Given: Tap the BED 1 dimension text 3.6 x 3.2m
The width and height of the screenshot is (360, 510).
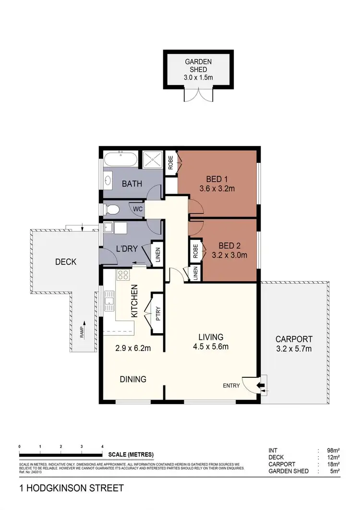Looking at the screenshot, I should (217, 188).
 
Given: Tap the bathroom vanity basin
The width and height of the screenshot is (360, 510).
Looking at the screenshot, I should (108, 181).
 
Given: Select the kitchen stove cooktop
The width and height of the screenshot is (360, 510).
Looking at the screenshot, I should (123, 275).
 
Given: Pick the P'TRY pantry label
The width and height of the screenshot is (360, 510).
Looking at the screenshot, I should (159, 312).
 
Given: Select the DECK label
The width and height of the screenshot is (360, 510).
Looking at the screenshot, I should (65, 262).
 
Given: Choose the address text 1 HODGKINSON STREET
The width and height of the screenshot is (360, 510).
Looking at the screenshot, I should (72, 488).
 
